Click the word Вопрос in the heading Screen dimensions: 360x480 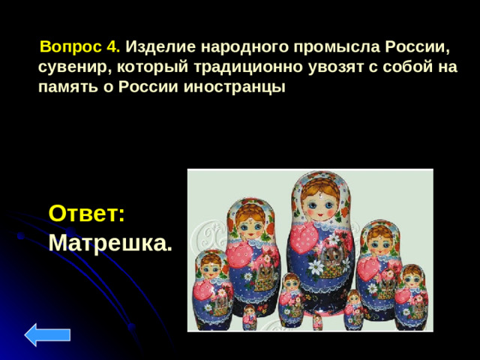coord(71,46)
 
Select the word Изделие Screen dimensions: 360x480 coord(155,46)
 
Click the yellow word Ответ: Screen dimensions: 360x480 coord(86,213)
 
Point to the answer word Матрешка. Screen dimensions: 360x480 coord(109,242)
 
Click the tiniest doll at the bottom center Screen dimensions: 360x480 coord(318,322)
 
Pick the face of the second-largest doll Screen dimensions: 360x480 coord(249,223)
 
